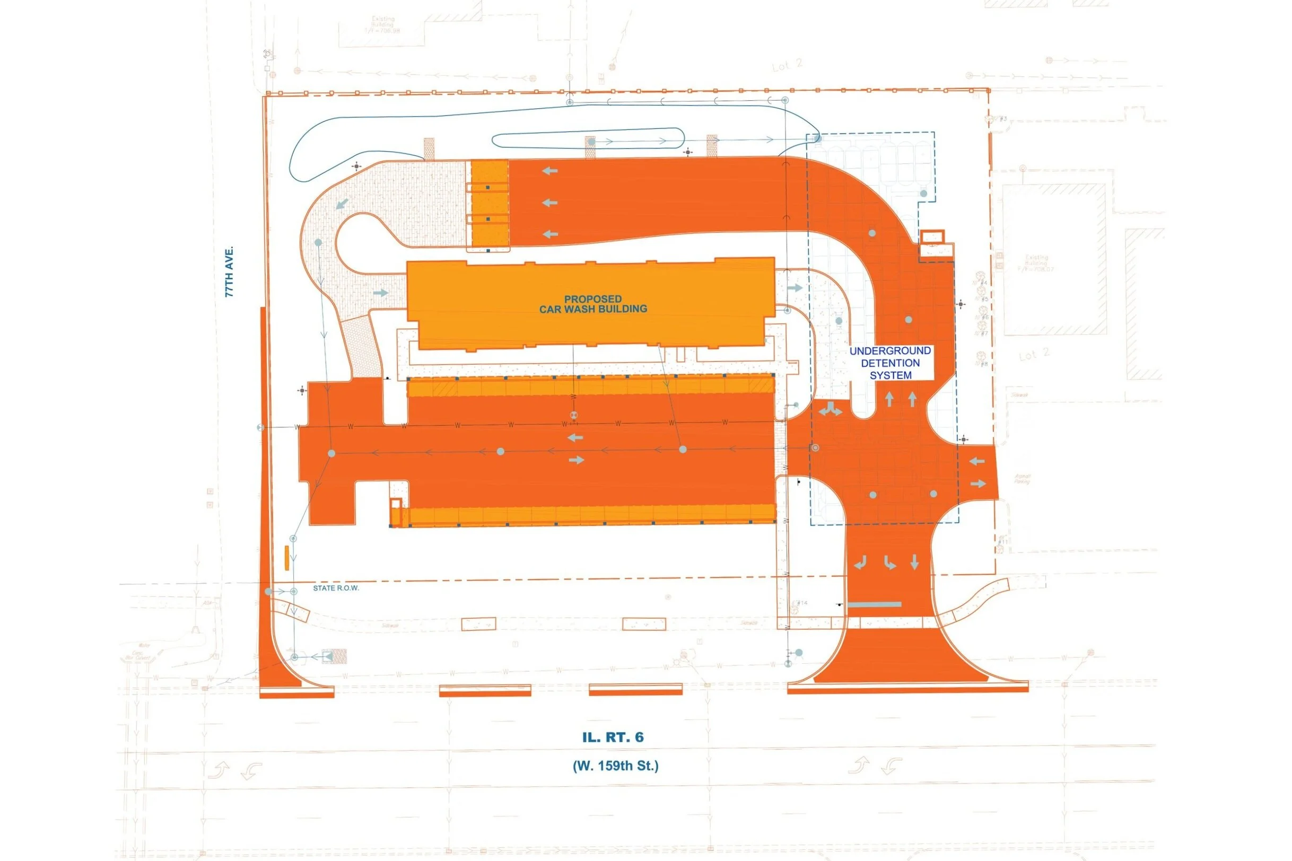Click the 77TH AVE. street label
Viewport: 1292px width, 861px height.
(x=230, y=272)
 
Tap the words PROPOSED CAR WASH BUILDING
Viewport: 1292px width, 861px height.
(x=593, y=304)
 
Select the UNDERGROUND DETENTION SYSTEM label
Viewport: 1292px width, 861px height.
(x=890, y=363)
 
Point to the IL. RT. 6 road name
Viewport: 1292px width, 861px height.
(x=613, y=737)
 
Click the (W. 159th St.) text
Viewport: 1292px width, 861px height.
(x=615, y=766)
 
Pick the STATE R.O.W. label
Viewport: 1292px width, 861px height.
(x=336, y=588)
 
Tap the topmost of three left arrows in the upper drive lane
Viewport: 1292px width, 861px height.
(x=550, y=171)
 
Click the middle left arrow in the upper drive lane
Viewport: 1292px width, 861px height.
(x=550, y=203)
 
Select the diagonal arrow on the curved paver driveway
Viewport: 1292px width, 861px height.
(x=342, y=204)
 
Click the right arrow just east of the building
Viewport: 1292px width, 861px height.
(x=795, y=288)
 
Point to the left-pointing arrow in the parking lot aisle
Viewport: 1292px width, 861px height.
(x=575, y=437)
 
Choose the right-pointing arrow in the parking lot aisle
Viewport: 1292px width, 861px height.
(x=576, y=460)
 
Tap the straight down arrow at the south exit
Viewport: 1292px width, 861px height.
(x=914, y=562)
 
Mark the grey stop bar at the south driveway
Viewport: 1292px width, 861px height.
(x=875, y=604)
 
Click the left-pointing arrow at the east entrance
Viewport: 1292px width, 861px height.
(x=977, y=461)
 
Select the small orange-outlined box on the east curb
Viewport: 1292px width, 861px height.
(x=932, y=237)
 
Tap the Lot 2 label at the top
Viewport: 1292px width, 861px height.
(x=787, y=65)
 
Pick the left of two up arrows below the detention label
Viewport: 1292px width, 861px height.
(x=889, y=399)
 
